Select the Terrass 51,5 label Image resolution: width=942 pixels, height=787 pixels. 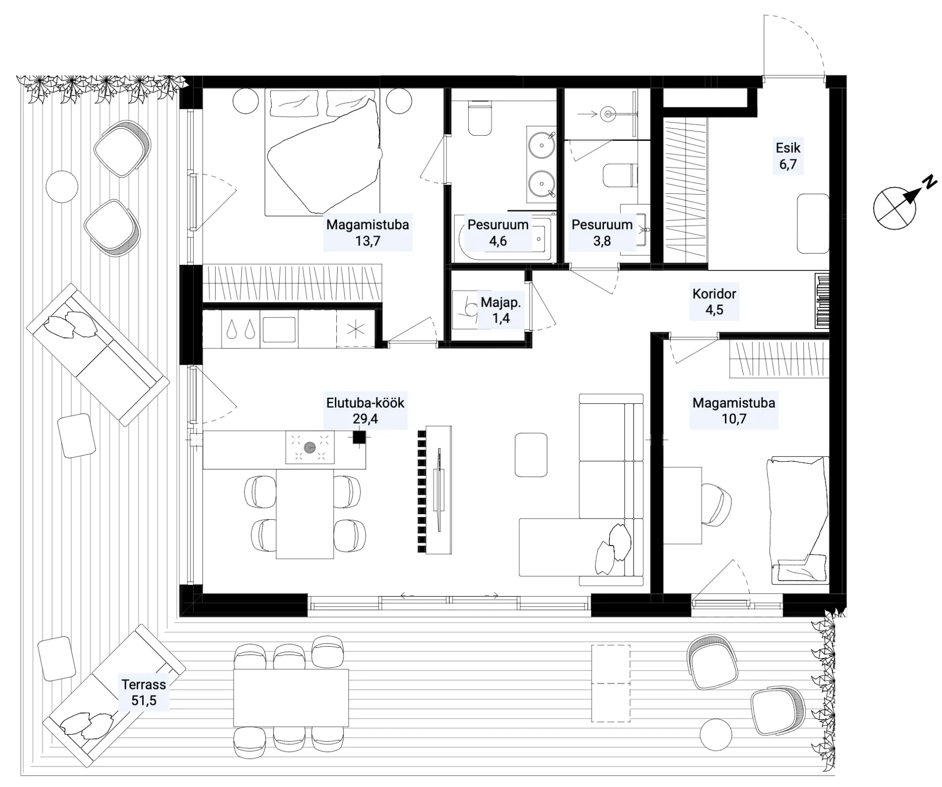pos(144,692)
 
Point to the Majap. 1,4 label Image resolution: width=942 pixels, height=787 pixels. pos(501,310)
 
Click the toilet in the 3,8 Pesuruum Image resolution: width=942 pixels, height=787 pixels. pos(617,175)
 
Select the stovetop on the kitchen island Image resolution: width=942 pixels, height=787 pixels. pos(310,447)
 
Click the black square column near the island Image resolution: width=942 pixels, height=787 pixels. pos(359,438)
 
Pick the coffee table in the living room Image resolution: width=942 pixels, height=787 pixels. pos(531,455)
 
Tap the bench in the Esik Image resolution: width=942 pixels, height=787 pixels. pos(813,224)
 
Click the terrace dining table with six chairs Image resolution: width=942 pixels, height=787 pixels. pos(291,697)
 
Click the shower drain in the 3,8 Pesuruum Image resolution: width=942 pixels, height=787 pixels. pos(609,114)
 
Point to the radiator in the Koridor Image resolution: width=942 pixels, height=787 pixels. pos(822,300)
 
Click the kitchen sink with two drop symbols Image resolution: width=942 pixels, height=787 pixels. pos(240,329)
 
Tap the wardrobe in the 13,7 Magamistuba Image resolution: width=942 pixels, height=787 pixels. pos(292,283)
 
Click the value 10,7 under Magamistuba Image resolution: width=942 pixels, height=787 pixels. pos(734,419)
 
